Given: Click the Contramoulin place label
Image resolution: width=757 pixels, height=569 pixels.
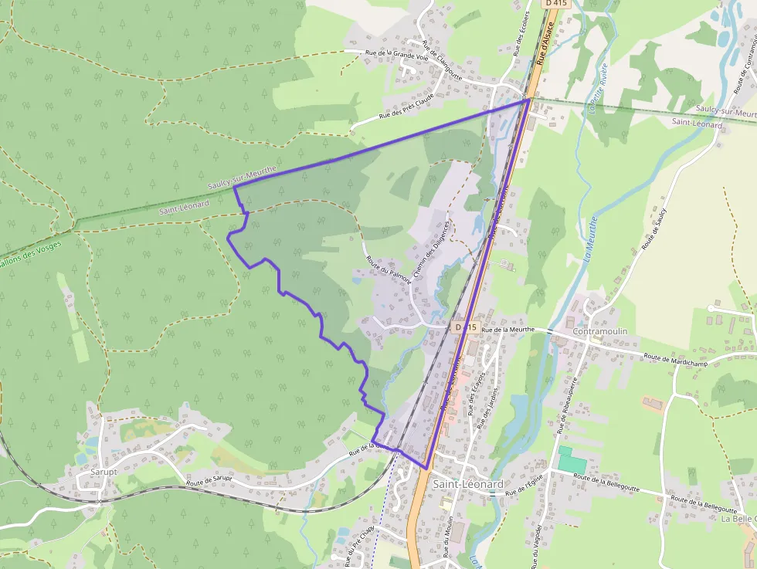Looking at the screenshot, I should [600, 331].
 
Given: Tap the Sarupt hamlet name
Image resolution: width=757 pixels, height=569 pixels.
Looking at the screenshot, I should [104, 471].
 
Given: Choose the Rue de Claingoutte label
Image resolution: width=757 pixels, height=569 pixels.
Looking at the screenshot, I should [442, 60].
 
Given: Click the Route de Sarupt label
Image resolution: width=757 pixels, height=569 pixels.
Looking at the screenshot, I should [209, 480].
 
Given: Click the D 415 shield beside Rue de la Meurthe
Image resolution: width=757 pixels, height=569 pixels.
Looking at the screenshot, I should [465, 327].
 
